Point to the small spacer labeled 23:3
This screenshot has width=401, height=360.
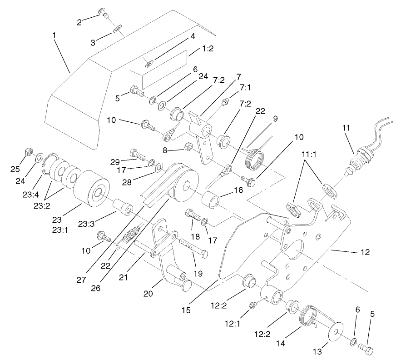click(x=123, y=207)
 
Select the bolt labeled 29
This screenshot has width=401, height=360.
click(x=137, y=154)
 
